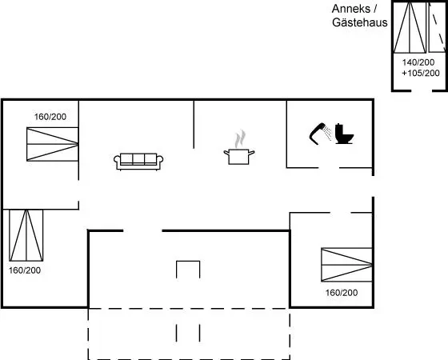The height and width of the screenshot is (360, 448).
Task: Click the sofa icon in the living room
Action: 138,162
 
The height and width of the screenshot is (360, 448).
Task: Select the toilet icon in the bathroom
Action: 344,134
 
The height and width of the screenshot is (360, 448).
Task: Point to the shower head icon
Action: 320,134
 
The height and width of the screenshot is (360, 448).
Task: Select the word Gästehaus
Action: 360,22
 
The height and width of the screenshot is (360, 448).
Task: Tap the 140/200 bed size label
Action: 418,62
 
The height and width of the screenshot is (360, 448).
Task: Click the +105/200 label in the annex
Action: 421,73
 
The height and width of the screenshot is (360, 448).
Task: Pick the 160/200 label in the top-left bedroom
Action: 50,117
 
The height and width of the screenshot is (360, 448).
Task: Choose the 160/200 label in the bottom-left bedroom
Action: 25,270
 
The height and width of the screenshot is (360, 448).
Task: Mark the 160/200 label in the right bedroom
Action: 342,293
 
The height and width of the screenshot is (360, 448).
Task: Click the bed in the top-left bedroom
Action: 52,144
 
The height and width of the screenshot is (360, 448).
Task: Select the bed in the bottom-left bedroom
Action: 26,235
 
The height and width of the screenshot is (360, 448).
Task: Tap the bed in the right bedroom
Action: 347,265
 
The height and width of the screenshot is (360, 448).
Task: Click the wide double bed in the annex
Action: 410,28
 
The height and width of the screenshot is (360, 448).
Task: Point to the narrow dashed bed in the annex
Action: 437,28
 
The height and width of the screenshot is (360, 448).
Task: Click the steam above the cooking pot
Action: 240,139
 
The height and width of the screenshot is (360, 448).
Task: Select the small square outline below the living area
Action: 188,270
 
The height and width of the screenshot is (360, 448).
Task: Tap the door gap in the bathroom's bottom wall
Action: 329,168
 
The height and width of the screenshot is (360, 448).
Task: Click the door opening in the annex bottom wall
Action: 422,91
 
